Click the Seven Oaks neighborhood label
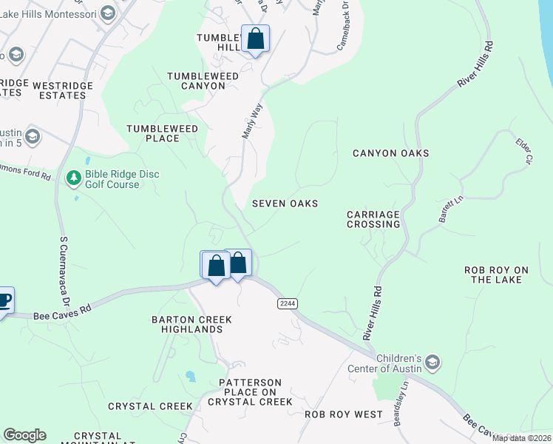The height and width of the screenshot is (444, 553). [x=285, y=203]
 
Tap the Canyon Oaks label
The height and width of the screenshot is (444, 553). [x=390, y=153]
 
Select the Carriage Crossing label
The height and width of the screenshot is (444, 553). [x=373, y=219]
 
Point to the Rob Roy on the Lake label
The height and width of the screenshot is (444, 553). [x=502, y=275]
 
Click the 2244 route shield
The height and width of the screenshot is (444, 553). [x=288, y=304]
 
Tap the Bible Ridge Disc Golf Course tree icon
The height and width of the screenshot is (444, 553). [x=73, y=178]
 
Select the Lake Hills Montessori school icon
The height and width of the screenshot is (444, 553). [x=107, y=13]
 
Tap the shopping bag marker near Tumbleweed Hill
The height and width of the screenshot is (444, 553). [x=255, y=38]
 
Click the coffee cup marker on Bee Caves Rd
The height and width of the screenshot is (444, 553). [x=4, y=300]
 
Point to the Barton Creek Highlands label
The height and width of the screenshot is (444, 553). [x=191, y=324]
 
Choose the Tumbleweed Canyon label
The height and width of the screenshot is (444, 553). [x=196, y=81]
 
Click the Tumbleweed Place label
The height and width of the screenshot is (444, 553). [x=163, y=133]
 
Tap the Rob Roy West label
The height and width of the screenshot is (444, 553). [x=344, y=414]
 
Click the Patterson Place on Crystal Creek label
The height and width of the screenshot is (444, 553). [x=251, y=392]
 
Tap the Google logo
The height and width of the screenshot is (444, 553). [x=24, y=435]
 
